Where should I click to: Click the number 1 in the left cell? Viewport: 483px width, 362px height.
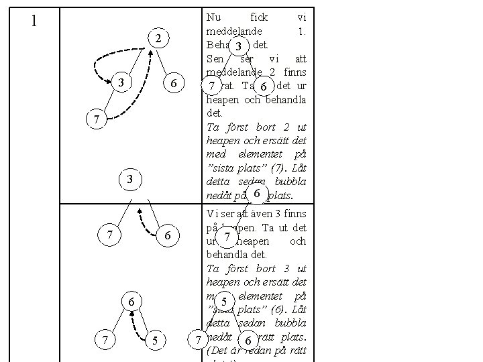coord(34,21)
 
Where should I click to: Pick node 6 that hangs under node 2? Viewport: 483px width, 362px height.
coord(173,84)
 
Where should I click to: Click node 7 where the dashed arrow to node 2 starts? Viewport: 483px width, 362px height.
coord(97,119)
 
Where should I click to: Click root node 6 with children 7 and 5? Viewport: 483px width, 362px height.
coord(132,303)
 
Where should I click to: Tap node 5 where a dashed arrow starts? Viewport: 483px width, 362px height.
coord(154,341)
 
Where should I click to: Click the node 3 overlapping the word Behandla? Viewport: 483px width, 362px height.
coord(237,46)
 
